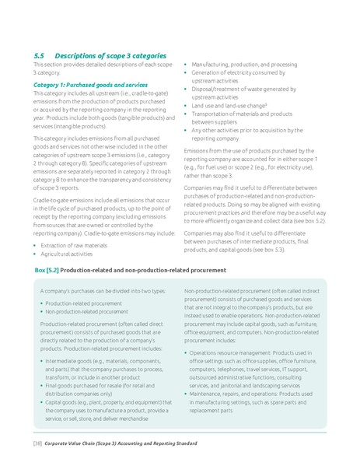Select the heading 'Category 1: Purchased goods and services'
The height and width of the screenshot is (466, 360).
pyautogui.click(x=90, y=84)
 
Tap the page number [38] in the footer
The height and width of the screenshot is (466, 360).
pyautogui.click(x=36, y=443)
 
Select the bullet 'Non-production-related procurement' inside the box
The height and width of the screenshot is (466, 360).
pyautogui.click(x=89, y=311)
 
